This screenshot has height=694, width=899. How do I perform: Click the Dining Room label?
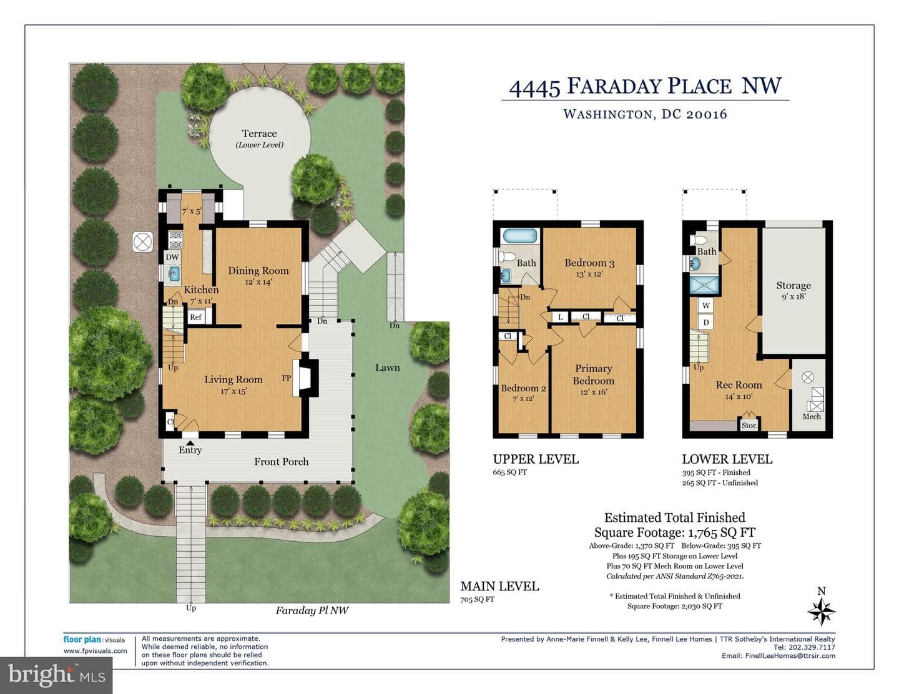258,270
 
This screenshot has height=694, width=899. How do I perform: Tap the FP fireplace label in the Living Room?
287,378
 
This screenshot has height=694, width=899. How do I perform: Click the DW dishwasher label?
172,257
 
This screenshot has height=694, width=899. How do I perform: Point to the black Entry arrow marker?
190,442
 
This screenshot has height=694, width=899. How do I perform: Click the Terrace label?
259,133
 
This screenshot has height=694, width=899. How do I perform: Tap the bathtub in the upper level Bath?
520,236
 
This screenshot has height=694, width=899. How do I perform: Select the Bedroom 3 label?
589,263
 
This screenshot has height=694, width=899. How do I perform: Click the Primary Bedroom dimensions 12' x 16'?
593,392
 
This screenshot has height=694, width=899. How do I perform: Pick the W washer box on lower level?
706,306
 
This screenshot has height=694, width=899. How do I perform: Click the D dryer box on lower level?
706,322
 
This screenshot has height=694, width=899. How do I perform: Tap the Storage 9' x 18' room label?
793,290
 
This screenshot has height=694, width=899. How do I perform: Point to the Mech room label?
812,416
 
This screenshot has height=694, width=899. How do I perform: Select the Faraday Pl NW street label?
312,610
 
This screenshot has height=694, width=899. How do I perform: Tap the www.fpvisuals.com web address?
95,650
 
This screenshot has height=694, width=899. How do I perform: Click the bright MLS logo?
56,675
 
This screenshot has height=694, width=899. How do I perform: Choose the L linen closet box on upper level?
560,317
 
